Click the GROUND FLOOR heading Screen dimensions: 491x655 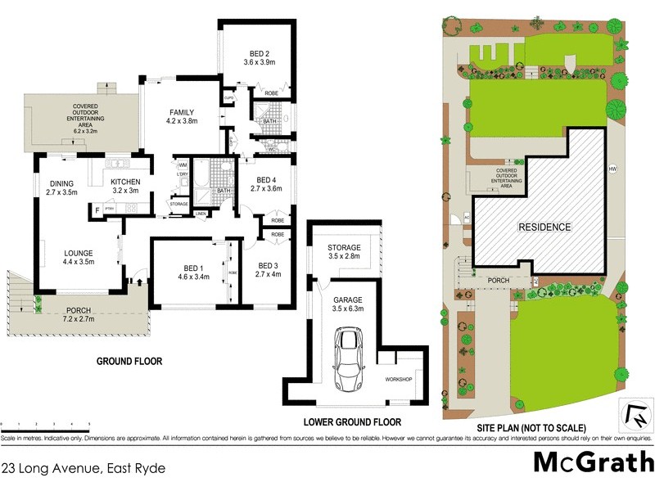point(129,361)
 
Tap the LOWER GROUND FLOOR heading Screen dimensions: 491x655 point(352,422)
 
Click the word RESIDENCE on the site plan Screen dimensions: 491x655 point(544,227)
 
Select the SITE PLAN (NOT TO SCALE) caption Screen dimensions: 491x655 point(532,428)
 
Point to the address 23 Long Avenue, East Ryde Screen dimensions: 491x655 point(84,469)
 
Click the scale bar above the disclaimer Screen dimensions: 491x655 point(45,426)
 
